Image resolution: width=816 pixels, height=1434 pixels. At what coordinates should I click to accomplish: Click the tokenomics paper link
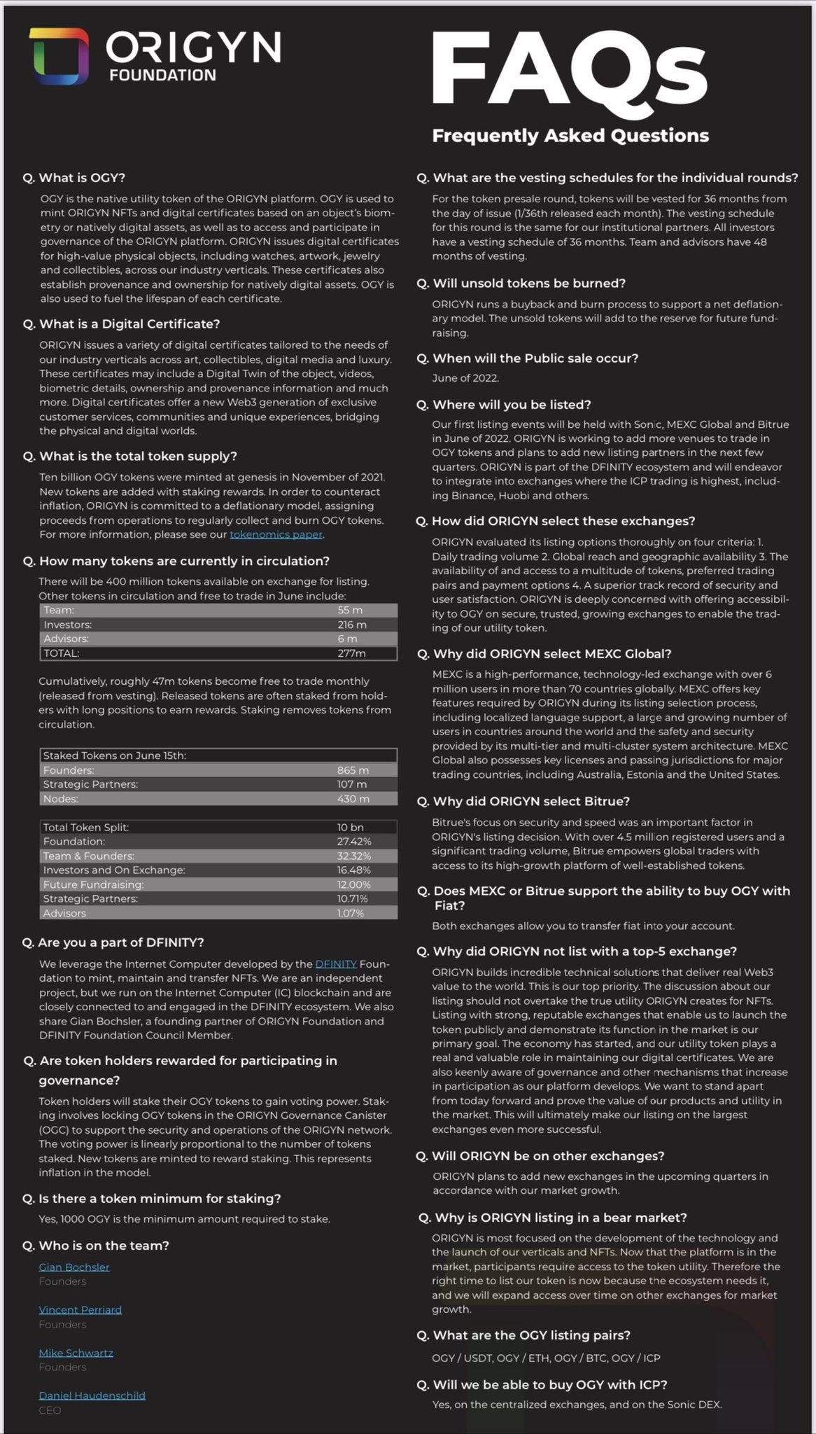tap(276, 534)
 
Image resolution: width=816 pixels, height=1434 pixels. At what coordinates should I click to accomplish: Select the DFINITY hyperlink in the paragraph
tap(336, 964)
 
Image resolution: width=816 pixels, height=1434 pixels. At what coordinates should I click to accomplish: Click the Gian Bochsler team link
tap(74, 1267)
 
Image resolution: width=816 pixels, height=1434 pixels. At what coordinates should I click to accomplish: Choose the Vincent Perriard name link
tap(80, 1309)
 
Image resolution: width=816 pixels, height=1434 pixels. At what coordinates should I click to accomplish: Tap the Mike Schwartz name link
tap(76, 1353)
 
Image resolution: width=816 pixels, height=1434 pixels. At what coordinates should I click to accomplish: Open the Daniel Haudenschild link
tap(92, 1395)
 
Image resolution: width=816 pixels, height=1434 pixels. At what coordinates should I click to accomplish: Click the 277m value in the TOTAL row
tap(351, 653)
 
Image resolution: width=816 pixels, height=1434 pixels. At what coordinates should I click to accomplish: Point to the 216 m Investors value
tap(351, 625)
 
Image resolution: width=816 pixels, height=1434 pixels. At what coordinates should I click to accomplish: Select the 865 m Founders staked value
tap(353, 770)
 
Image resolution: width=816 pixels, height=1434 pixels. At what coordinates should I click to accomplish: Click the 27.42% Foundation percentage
tap(353, 842)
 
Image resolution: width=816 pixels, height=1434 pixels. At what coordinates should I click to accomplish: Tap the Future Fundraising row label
tap(93, 884)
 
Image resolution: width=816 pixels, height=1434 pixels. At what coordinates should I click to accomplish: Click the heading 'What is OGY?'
tap(81, 178)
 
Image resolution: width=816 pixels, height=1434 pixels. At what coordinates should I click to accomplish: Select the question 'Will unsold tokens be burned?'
tap(528, 284)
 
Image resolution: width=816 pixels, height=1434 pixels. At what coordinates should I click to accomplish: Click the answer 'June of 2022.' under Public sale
tap(465, 378)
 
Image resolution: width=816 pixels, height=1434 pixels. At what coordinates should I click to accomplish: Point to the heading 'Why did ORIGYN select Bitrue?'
tap(531, 801)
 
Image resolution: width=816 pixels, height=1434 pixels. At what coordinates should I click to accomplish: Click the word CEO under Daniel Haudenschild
tap(50, 1410)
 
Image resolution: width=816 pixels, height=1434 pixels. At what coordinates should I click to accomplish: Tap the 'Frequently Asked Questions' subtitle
tap(570, 136)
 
